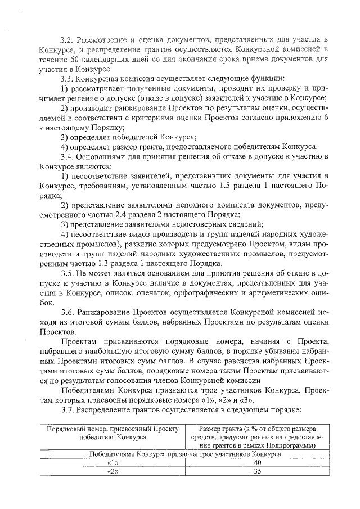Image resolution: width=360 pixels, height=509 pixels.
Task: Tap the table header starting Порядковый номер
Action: (x=112, y=433)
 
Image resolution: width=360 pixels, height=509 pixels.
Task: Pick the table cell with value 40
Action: (x=257, y=463)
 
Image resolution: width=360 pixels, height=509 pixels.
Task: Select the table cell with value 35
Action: (x=257, y=472)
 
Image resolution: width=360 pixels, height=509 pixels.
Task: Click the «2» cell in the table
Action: (x=112, y=472)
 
